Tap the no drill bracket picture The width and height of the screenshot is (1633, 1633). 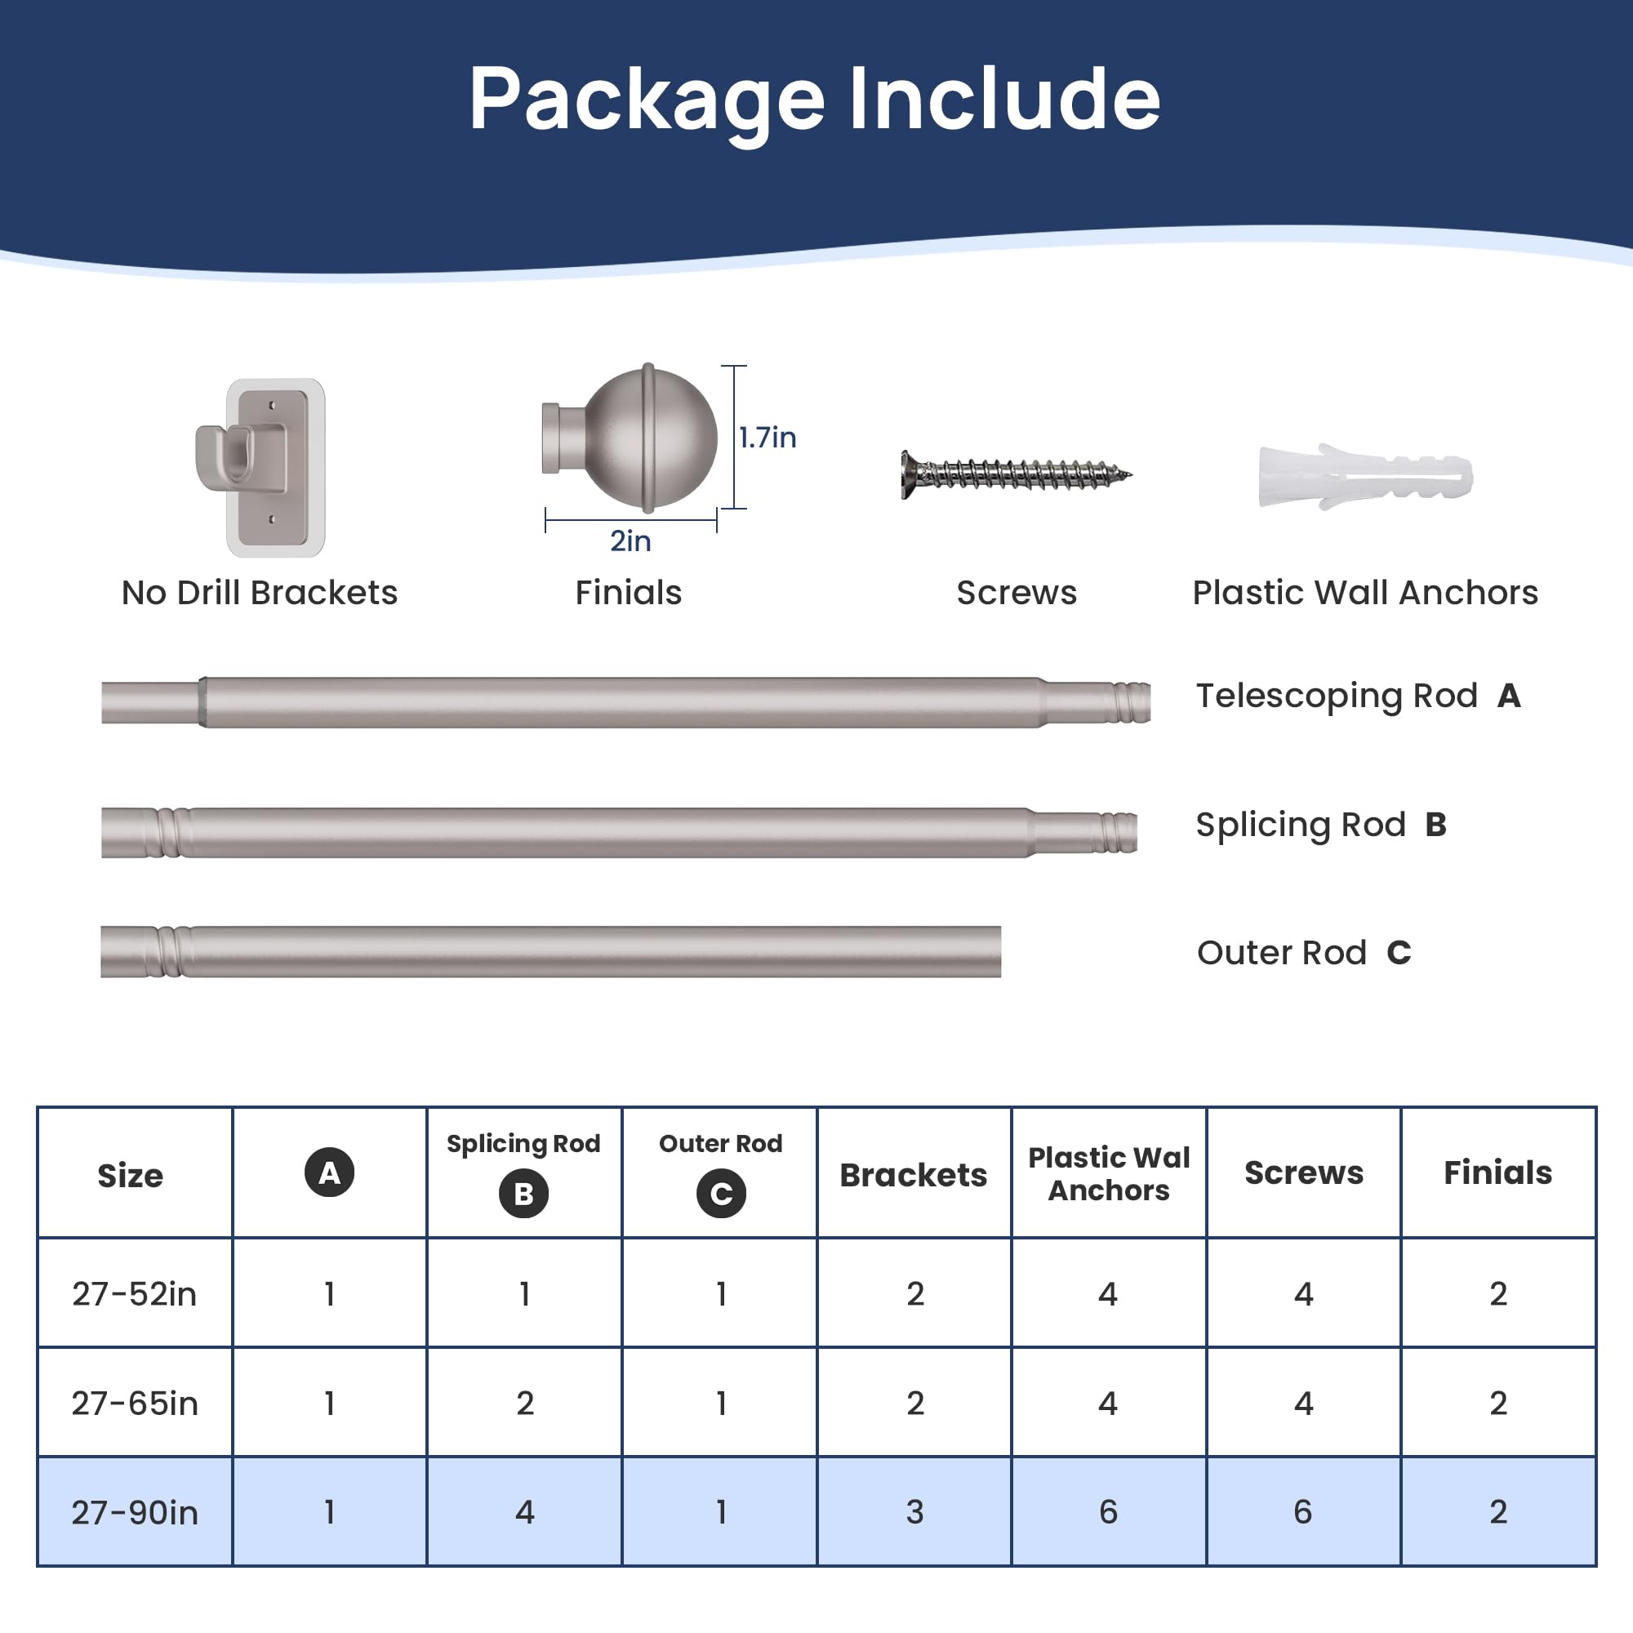tap(260, 467)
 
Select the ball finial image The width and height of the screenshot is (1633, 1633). tap(630, 438)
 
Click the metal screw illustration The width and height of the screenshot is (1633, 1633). tap(1016, 474)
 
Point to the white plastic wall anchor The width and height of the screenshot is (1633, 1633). tap(1365, 476)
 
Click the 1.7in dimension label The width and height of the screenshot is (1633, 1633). tap(768, 437)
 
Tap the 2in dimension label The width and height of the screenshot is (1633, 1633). tap(630, 541)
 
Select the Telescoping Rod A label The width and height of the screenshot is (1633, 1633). tap(1359, 696)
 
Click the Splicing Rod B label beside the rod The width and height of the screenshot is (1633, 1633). tap(1321, 825)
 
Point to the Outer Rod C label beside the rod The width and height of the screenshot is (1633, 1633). tap(1304, 953)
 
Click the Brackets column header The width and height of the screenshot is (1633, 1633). tap(914, 1175)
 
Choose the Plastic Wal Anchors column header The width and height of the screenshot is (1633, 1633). tap(1109, 1173)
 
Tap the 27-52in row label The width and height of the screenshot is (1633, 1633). tap(135, 1294)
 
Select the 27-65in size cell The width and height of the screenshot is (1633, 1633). tap(135, 1404)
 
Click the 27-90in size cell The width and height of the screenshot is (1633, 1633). tap(135, 1513)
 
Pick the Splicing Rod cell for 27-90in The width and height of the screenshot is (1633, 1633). tap(525, 1512)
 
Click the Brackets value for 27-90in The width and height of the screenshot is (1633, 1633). tap(914, 1512)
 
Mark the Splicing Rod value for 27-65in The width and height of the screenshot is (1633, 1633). tap(525, 1404)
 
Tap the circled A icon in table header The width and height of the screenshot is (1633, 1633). tap(330, 1172)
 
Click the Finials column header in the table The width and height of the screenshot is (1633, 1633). tap(1497, 1172)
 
